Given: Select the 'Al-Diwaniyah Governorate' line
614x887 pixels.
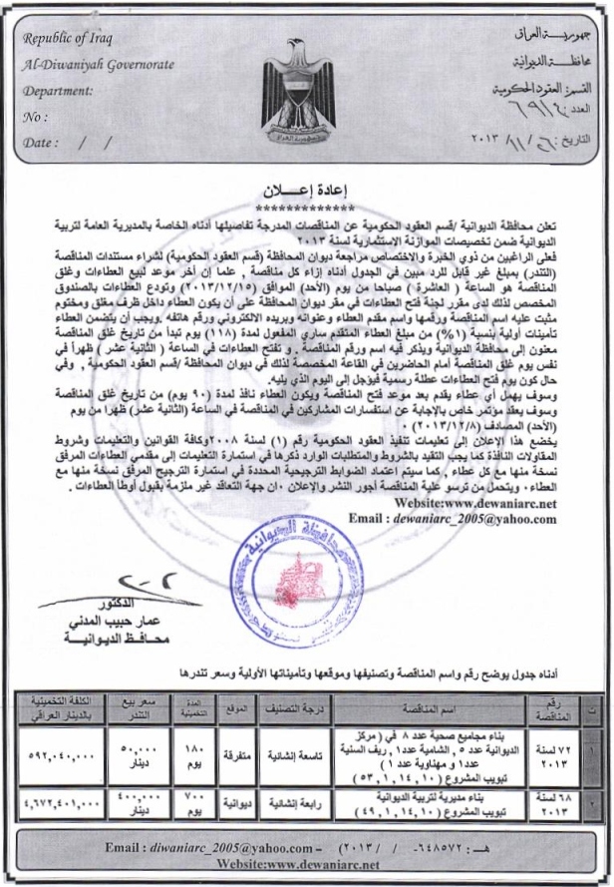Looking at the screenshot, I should tap(98, 65).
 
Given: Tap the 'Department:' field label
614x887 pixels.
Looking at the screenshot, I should tap(61, 90).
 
